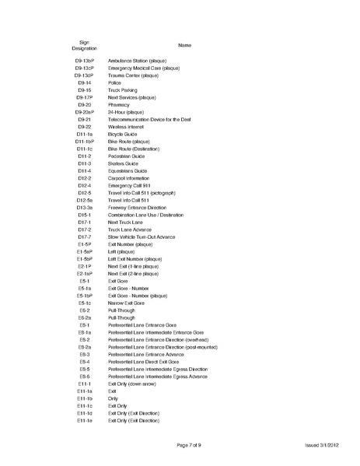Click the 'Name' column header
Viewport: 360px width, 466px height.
185,46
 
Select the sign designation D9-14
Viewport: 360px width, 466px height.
85,82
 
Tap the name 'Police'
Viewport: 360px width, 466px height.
115,82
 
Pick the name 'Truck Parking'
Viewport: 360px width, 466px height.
122,90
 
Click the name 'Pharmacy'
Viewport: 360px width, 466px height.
119,105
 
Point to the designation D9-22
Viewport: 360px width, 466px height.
85,127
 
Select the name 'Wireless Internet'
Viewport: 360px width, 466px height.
126,127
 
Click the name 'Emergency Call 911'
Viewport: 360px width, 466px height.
128,186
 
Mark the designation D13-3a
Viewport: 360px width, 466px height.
85,208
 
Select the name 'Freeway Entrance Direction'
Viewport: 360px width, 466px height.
139,208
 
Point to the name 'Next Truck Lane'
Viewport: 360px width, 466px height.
125,222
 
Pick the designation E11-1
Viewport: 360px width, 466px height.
85,384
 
